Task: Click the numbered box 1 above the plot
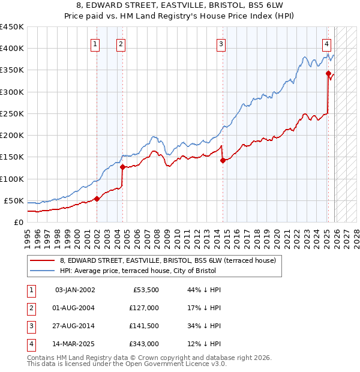[x=96, y=43]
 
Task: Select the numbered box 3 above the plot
[x=221, y=43]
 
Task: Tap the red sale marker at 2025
[x=328, y=74]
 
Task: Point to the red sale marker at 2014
[x=223, y=160]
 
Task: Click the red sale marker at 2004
[x=122, y=167]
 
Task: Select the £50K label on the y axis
[x=14, y=200]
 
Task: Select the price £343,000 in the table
[x=143, y=344]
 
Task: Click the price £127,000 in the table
[x=143, y=308]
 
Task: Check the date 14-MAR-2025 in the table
[x=74, y=344]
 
